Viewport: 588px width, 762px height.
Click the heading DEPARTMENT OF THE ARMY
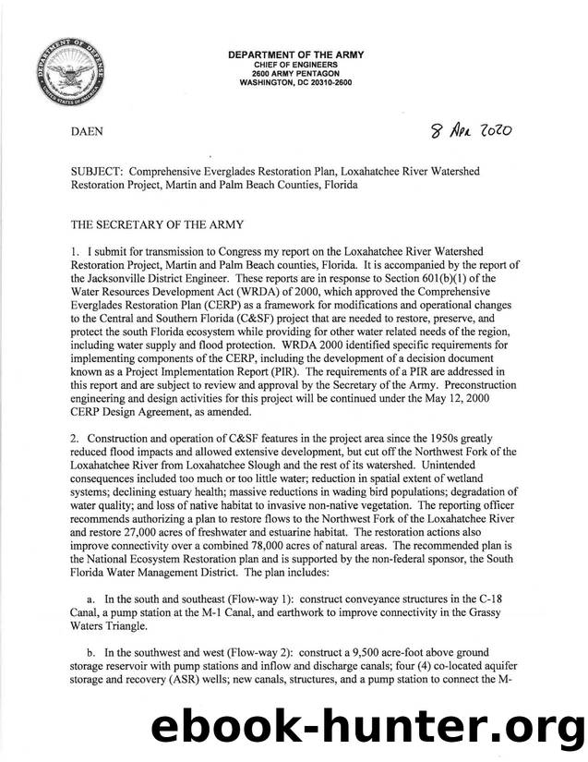pos(295,55)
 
